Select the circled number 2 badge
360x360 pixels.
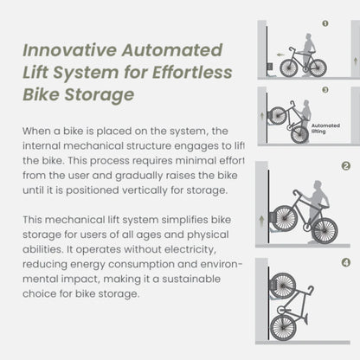pos(345,166)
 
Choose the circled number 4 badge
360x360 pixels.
pos(345,262)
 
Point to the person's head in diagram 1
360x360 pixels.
pos(307,38)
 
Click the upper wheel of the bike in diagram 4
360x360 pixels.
pos(282,285)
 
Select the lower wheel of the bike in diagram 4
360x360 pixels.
pos(283,327)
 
